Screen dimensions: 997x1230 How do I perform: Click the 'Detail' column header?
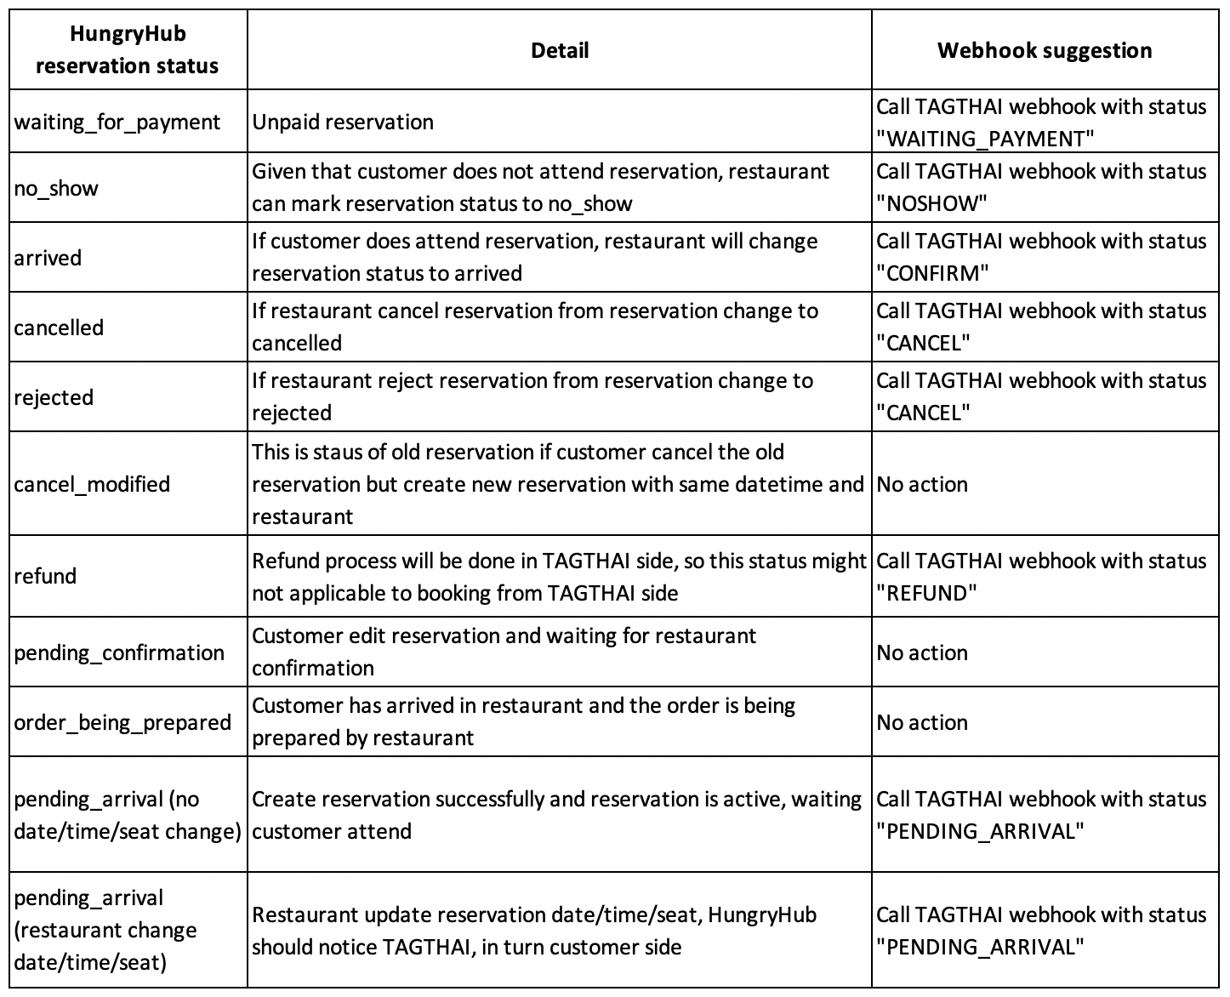559,50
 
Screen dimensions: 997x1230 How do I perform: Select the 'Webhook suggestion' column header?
1045,50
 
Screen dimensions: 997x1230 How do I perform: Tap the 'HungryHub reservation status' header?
128,50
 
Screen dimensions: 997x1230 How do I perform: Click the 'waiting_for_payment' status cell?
117,122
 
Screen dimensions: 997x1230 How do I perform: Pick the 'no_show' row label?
56,187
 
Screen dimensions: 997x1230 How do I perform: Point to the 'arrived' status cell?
48,257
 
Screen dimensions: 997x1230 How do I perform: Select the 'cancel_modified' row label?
92,484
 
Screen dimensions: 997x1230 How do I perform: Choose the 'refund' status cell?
45,576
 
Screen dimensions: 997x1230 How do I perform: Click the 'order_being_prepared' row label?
122,722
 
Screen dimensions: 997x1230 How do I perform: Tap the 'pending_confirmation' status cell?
119,652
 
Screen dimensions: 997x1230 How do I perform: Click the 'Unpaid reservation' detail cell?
343,122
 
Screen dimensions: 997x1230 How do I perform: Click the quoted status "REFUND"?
926,593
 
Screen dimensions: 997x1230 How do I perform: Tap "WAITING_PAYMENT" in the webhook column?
985,139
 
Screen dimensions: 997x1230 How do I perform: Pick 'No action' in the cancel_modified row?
922,484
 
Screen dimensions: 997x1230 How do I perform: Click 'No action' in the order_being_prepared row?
922,722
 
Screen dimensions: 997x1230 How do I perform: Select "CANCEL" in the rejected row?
924,413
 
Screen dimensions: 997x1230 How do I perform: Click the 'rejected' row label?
54,397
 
